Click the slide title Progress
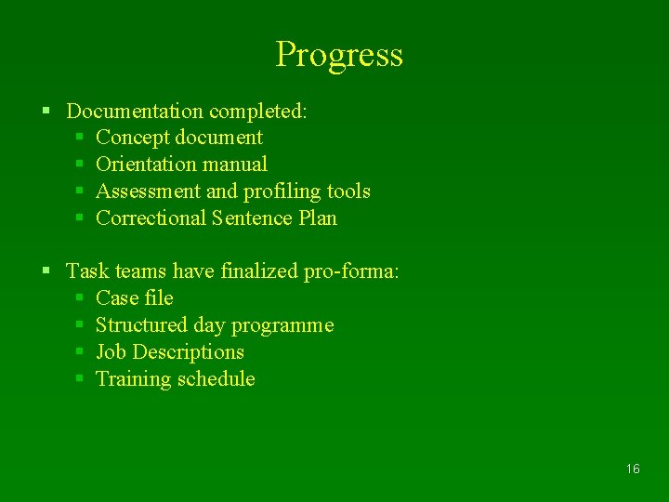(x=339, y=55)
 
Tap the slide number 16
(x=633, y=469)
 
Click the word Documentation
(x=135, y=112)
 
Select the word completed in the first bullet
(x=257, y=112)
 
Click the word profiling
(x=282, y=192)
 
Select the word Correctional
(x=151, y=218)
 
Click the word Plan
(x=318, y=218)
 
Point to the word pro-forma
(x=351, y=271)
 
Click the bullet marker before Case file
(x=80, y=298)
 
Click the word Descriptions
(x=189, y=352)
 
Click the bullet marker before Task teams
(x=46, y=271)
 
